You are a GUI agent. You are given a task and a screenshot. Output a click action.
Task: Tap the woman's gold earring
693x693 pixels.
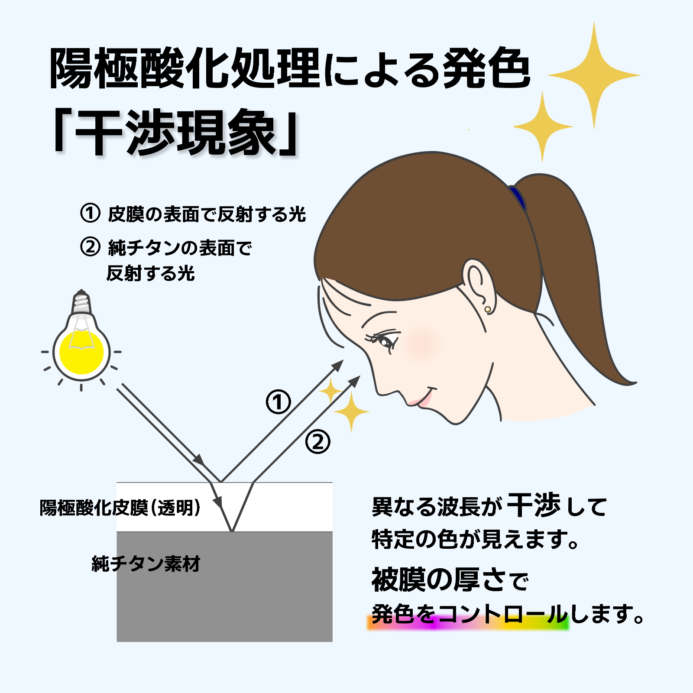click(x=488, y=309)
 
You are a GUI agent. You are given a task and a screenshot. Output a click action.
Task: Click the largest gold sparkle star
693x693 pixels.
click(x=594, y=75)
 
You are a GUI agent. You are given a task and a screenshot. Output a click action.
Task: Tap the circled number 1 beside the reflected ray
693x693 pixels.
click(x=278, y=402)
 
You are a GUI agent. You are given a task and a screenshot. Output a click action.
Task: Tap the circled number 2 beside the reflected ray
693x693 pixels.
click(x=318, y=442)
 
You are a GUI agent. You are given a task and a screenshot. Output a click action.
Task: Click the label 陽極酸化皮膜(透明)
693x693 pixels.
click(x=120, y=508)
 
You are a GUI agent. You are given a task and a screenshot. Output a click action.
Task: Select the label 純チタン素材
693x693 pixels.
click(x=146, y=564)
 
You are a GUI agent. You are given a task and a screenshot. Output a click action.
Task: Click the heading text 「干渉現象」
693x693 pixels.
click(x=175, y=132)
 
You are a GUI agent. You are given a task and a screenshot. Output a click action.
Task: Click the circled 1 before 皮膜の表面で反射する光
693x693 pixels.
click(x=90, y=213)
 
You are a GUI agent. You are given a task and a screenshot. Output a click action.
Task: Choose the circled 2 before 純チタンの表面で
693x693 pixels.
click(x=90, y=247)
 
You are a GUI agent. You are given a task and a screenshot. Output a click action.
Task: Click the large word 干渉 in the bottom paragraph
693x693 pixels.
click(x=534, y=505)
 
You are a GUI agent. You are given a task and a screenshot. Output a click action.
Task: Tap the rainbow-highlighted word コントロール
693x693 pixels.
click(x=502, y=614)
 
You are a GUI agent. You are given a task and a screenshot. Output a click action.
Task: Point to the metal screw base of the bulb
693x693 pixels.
click(x=81, y=301)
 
